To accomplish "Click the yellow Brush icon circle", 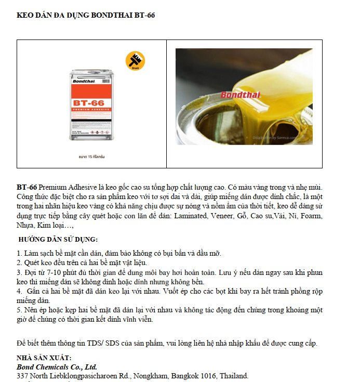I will [135, 60].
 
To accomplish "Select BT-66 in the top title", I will [144, 15].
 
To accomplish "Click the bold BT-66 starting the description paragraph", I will [27, 187].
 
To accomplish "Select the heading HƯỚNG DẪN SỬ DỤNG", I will [58, 239].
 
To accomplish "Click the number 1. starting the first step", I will [19, 254].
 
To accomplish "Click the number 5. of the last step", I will [19, 310].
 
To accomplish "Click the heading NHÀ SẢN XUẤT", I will [44, 358].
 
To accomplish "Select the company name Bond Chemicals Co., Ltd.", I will [57, 367].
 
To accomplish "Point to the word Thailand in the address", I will [234, 376].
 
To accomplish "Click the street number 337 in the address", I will [22, 376].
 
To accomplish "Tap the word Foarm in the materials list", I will [311, 216].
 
